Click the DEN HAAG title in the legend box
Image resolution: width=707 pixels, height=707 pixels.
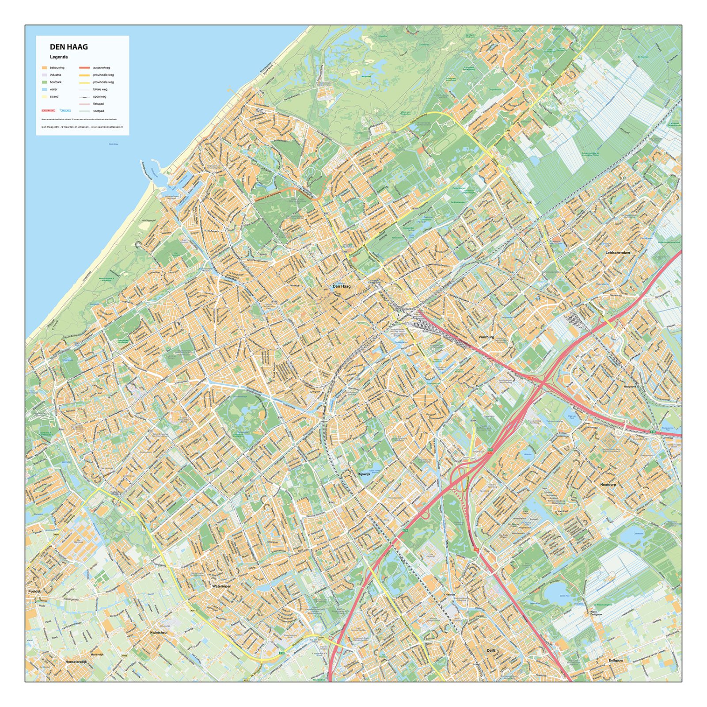point(68,47)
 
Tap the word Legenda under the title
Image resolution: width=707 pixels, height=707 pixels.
point(59,57)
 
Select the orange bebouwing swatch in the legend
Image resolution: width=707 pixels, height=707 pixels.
point(44,68)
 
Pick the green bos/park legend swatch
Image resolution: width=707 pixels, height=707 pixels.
point(44,82)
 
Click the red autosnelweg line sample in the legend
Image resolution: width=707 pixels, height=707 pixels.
point(84,68)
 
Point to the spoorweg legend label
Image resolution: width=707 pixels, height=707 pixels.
point(99,96)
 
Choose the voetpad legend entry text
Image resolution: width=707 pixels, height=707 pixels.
point(99,111)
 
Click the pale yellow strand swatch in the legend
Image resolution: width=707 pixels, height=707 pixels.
point(44,96)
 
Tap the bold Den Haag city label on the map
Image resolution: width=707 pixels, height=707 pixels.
point(341,286)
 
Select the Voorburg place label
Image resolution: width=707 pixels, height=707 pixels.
point(486,337)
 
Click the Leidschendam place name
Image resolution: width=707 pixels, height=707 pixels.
point(618,252)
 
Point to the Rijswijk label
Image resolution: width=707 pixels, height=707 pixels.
point(364,474)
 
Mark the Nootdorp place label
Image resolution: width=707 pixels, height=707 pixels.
point(608,484)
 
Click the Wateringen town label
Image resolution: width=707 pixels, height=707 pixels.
point(222,586)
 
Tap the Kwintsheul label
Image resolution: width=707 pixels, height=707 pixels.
point(159,632)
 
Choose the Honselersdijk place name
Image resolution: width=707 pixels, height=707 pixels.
point(78,661)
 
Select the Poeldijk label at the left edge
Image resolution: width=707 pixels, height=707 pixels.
point(34,591)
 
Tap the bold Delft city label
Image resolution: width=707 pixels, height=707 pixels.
point(491,650)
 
